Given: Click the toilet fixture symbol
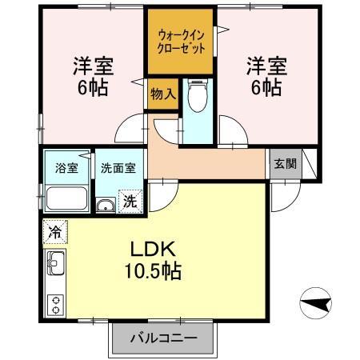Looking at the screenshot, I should click(195, 100).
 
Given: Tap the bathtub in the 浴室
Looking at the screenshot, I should click(66, 198).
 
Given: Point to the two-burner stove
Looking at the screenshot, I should click(56, 304).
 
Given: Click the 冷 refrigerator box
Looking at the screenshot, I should click(55, 230).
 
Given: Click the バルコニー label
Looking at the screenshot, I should click(163, 338).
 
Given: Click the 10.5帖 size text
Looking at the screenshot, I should click(152, 271).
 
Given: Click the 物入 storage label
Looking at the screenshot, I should click(162, 94).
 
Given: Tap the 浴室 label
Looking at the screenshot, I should click(66, 168).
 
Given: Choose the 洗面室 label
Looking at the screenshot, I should click(118, 168).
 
